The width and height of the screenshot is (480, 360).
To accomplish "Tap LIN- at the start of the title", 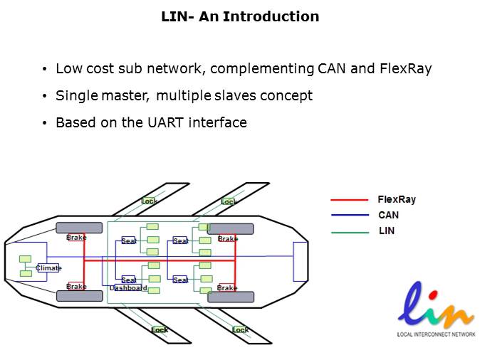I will tap(178, 16).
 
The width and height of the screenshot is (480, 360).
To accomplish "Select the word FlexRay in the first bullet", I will tap(406, 69).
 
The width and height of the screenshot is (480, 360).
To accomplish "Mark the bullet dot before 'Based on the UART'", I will tap(45, 123).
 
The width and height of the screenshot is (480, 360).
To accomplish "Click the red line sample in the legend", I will tap(349, 200).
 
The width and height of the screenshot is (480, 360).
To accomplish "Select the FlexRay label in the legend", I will tap(397, 200).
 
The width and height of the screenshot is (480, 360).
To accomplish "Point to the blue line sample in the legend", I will tap(349, 216).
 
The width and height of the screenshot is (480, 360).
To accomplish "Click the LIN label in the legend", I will tap(386, 231).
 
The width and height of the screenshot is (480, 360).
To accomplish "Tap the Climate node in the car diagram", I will tap(49, 268).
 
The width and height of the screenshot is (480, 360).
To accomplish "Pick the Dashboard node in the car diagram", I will tap(128, 288).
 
